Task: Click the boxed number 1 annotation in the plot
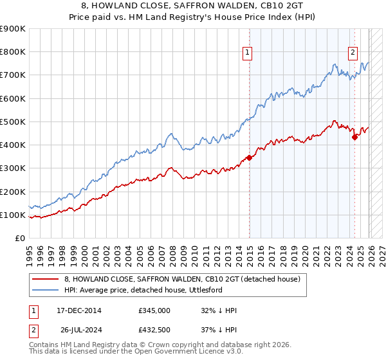248,53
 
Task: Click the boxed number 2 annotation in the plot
353,53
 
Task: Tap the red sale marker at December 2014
249,157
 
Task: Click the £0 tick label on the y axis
20,239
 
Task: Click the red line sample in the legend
46,280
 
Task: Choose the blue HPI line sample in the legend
46,291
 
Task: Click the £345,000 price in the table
154,310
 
